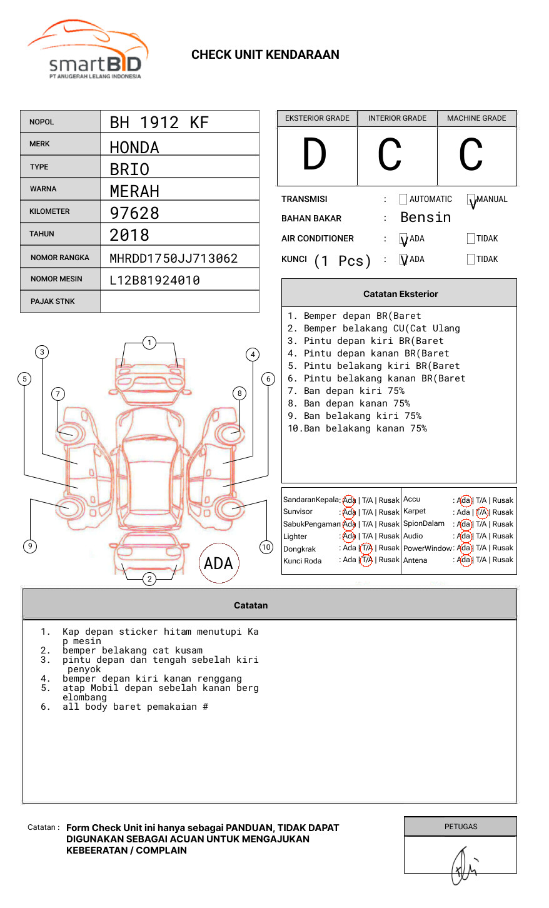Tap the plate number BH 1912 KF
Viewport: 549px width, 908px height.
point(159,123)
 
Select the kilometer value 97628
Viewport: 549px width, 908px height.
point(134,213)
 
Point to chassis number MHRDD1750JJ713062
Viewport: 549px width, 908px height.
point(173,258)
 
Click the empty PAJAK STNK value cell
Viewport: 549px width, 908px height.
point(179,301)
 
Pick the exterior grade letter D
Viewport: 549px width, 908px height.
point(315,155)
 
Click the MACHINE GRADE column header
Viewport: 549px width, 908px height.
point(476,118)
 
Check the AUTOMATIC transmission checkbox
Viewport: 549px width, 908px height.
point(403,199)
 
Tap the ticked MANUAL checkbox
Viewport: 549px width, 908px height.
point(471,200)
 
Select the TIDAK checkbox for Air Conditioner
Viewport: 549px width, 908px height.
point(471,239)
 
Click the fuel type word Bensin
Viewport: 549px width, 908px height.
point(425,218)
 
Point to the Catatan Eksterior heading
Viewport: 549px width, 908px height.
point(400,294)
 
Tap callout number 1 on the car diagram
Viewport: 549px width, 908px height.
point(149,343)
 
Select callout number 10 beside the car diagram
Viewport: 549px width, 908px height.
point(266,547)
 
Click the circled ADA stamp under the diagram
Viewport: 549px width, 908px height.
point(218,563)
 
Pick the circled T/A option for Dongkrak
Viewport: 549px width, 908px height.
point(366,548)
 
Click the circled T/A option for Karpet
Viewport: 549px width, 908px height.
point(481,512)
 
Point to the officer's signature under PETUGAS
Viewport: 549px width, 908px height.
point(463,866)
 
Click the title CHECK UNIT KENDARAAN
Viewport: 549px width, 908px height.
point(265,54)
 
